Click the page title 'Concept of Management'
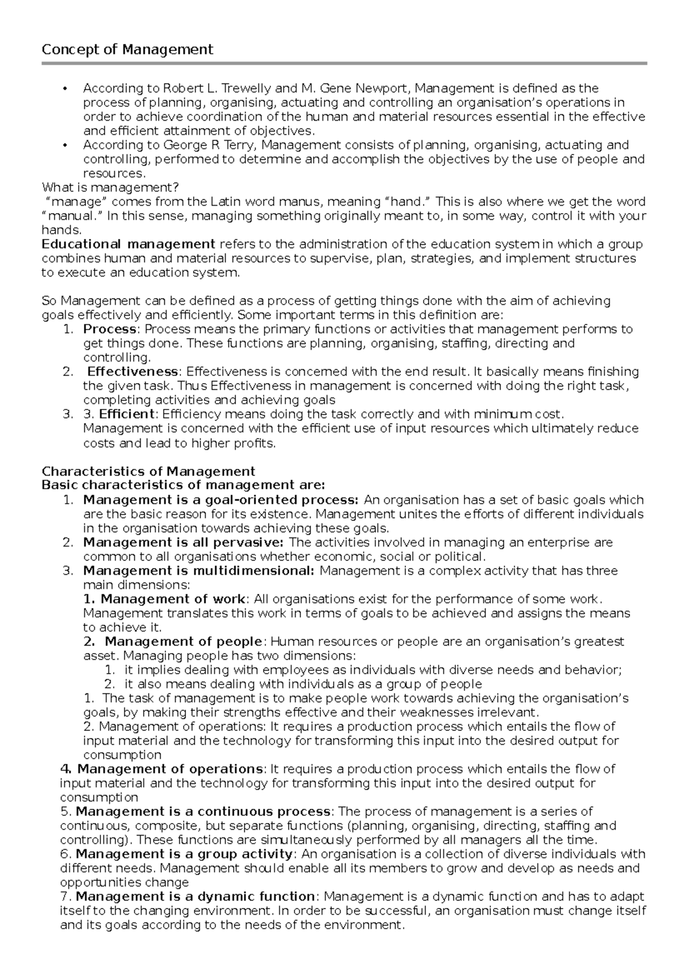pyautogui.click(x=127, y=50)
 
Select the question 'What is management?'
pyautogui.click(x=110, y=187)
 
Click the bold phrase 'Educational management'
pyautogui.click(x=129, y=244)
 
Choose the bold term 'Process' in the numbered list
pyautogui.click(x=110, y=329)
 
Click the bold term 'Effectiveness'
pyautogui.click(x=133, y=372)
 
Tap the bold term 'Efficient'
pyautogui.click(x=126, y=414)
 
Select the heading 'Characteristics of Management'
pyautogui.click(x=149, y=471)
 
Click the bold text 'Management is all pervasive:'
pyautogui.click(x=183, y=542)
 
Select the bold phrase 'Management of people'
pyautogui.click(x=183, y=641)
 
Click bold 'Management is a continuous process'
pyautogui.click(x=203, y=811)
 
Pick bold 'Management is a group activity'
pyautogui.click(x=184, y=854)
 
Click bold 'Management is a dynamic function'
pyautogui.click(x=195, y=896)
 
